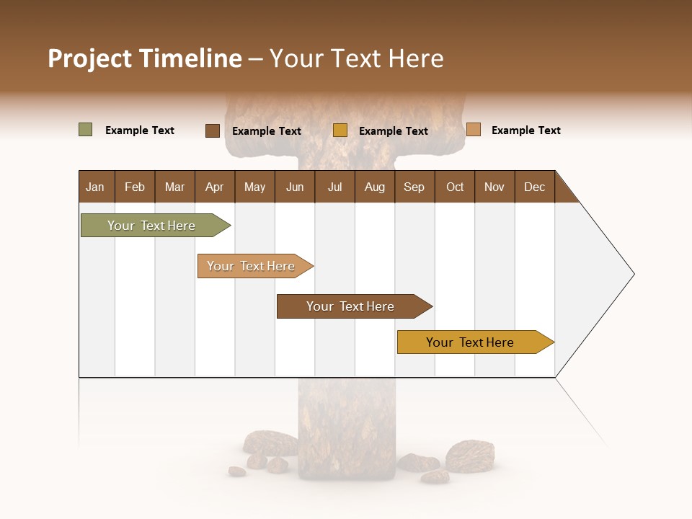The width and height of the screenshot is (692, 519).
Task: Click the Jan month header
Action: (x=95, y=187)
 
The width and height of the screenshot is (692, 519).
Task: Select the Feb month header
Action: (x=135, y=187)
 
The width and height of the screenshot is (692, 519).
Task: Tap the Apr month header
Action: (x=214, y=187)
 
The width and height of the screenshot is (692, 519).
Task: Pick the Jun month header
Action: (x=295, y=187)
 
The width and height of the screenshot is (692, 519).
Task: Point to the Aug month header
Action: (x=374, y=187)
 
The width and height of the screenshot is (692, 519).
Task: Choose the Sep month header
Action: (x=414, y=187)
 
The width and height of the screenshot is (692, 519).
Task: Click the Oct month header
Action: (x=455, y=187)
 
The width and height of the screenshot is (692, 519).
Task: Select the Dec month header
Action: (x=534, y=187)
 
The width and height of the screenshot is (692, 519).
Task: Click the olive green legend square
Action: (x=86, y=130)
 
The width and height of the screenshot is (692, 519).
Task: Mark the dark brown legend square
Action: (x=213, y=130)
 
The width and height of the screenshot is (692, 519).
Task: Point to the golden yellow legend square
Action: (x=340, y=130)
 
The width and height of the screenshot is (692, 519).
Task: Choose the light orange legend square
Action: (x=474, y=130)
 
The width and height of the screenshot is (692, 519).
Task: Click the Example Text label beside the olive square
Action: (x=140, y=130)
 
